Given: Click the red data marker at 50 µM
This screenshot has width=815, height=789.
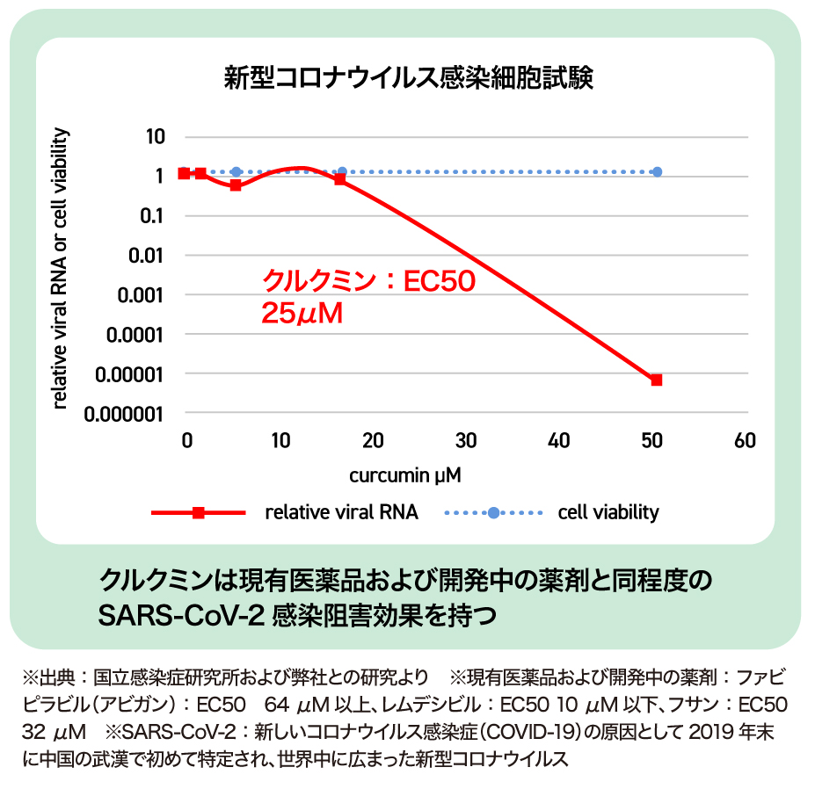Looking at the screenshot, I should (656, 380).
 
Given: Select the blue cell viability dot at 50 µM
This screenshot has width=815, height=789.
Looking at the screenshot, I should (657, 172).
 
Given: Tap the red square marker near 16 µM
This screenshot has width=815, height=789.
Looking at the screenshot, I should (340, 179).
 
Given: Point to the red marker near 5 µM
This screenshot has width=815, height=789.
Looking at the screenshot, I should (236, 185).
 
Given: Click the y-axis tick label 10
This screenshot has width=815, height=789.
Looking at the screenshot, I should (155, 137).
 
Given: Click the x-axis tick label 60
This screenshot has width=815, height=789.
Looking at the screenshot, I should (745, 441).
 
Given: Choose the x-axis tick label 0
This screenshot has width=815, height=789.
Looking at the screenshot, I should (186, 441).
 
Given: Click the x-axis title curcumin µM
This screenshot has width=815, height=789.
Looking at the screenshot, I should (405, 475).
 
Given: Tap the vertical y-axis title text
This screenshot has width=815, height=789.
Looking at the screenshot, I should (61, 268).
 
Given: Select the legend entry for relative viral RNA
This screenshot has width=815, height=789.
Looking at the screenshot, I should (341, 512).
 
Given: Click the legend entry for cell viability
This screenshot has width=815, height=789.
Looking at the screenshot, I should (608, 512).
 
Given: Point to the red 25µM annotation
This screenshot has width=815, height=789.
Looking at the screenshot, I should (302, 313).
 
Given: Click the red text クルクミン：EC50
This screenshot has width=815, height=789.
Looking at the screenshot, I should (369, 281).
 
